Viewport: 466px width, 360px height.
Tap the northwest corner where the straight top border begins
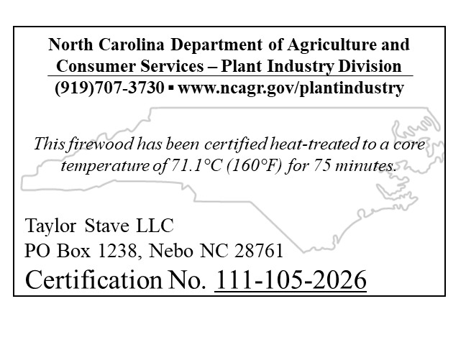point(151,108)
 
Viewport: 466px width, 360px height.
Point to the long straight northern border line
point(288,108)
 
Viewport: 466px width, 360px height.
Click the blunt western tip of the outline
point(22,182)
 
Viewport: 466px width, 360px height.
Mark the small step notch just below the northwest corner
point(149,116)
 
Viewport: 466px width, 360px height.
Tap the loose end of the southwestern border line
point(116,179)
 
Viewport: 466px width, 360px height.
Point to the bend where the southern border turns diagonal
point(250,202)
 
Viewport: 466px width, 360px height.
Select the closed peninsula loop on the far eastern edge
point(436,151)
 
